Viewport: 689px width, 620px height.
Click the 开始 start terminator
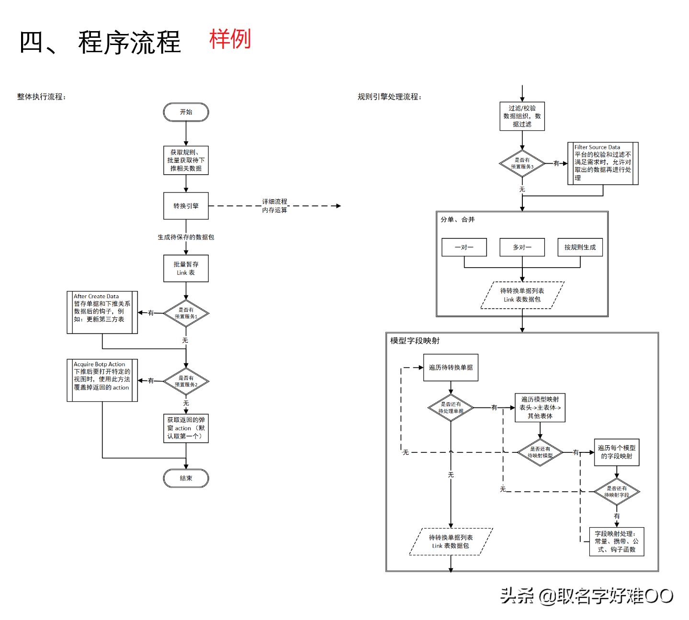click(x=186, y=112)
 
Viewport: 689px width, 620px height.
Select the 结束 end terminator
click(x=186, y=478)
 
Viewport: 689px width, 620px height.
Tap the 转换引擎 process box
click(x=186, y=206)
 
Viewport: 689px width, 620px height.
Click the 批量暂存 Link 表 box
click(x=186, y=268)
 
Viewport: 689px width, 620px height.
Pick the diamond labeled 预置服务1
click(x=186, y=313)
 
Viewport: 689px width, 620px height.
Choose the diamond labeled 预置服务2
click(x=186, y=381)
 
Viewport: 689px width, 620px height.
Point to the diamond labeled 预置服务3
click(x=522, y=163)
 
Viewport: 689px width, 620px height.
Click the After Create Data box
click(x=102, y=312)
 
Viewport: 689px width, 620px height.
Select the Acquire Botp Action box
click(x=102, y=380)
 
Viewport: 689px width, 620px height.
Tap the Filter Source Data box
click(x=603, y=163)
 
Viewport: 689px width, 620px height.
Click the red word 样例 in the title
click(x=230, y=39)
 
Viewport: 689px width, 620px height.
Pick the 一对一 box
click(x=464, y=247)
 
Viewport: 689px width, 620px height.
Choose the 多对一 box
click(x=522, y=247)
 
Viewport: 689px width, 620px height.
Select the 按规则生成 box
click(x=580, y=247)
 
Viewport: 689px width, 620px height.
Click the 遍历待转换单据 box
click(x=451, y=367)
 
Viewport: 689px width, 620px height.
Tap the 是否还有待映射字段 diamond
click(x=617, y=491)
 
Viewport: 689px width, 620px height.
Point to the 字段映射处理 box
click(x=616, y=541)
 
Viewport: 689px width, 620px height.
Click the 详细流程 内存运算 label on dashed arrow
click(x=274, y=206)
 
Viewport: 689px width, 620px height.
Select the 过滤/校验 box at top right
click(x=522, y=116)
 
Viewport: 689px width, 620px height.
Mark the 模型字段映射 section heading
click(x=415, y=340)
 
